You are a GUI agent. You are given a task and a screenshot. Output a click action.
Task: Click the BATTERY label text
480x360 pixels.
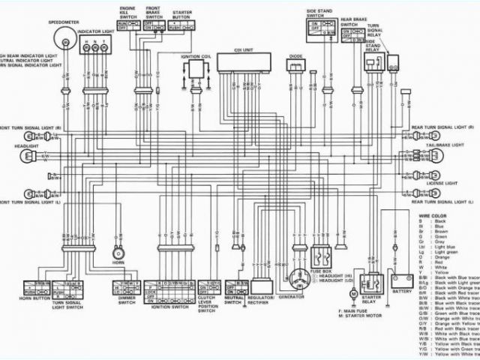[x=402, y=291]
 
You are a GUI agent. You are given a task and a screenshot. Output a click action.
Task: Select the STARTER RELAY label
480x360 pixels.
[x=370, y=301]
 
